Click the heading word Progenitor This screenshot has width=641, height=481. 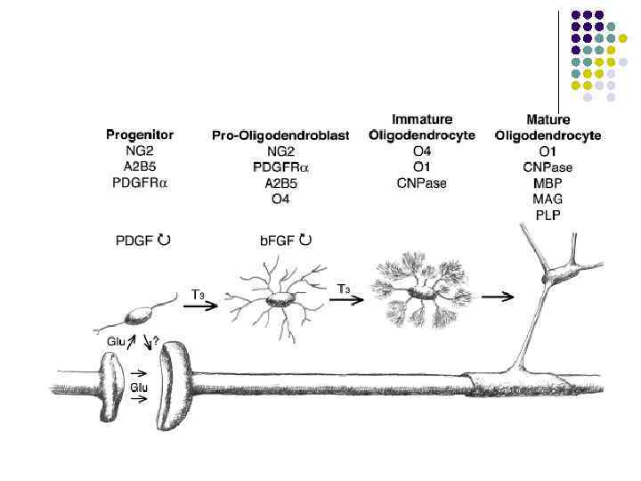click(x=140, y=135)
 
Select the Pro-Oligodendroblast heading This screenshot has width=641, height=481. click(x=280, y=135)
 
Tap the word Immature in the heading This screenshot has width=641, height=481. click(x=422, y=118)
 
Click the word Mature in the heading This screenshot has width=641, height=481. click(x=548, y=119)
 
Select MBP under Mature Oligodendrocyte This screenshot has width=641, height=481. click(x=548, y=183)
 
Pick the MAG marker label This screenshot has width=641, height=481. click(x=548, y=200)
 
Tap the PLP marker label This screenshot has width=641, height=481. click(x=548, y=216)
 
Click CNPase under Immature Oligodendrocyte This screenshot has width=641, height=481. click(x=421, y=183)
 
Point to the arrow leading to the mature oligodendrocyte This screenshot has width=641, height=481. click(x=503, y=297)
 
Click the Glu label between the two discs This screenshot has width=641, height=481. click(x=139, y=386)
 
